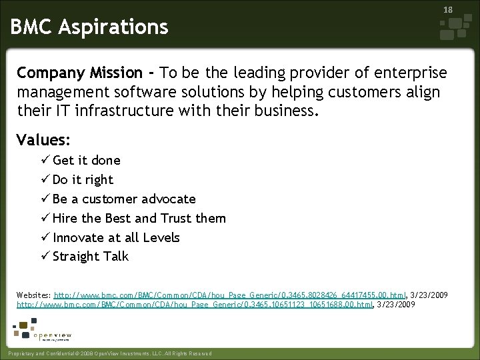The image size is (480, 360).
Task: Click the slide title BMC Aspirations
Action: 89,27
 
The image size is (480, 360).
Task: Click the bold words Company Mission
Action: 79,73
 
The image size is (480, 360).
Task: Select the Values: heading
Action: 44,140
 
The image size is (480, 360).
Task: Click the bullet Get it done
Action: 86,160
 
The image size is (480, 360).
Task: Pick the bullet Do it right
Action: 83,179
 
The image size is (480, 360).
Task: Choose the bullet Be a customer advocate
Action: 124,199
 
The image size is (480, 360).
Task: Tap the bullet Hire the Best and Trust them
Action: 139,218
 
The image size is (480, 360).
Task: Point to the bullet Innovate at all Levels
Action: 116,237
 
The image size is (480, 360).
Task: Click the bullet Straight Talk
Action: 90,257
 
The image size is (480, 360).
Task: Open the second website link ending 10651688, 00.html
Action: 195,304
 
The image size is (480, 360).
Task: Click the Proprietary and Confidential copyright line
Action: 108,353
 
